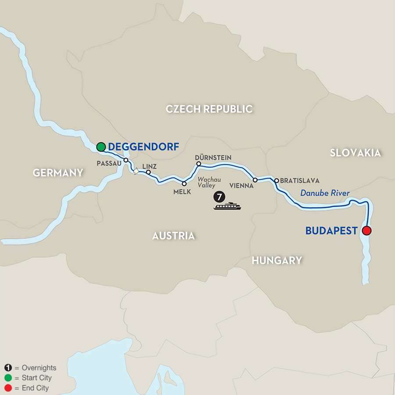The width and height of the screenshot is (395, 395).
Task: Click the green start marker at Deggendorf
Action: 101,147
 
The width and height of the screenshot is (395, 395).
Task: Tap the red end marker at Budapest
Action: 367,230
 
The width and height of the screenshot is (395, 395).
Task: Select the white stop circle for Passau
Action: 126,160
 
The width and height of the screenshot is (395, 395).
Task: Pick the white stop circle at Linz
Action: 148,172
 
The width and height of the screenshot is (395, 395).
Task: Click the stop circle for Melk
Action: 184,183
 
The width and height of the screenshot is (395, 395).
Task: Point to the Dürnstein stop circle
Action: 198,164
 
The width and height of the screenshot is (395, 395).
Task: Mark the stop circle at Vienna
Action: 255,180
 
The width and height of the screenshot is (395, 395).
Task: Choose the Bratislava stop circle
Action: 276,180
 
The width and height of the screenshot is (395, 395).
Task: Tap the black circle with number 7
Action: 219,196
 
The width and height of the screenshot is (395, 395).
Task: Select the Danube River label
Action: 325,193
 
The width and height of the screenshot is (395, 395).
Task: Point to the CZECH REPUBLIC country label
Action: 209,109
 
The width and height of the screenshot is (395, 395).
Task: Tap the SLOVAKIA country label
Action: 355,153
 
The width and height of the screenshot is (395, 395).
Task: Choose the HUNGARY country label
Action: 276,260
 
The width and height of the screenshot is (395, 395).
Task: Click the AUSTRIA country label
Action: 173,236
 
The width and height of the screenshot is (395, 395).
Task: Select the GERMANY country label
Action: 58,172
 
